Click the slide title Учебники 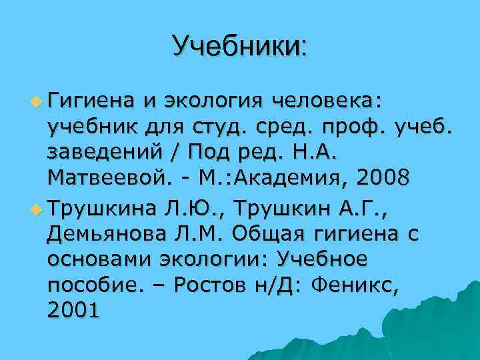coord(239,47)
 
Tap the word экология coord(211,102)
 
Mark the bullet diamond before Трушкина coord(35,206)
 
